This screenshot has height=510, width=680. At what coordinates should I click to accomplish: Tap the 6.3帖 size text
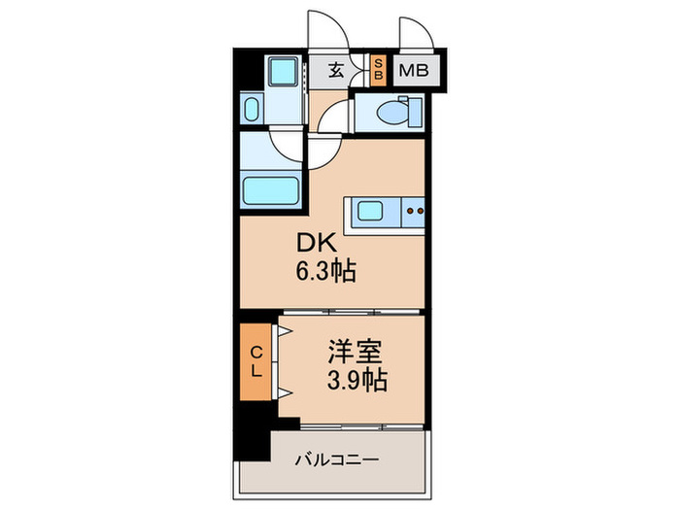pyautogui.click(x=325, y=272)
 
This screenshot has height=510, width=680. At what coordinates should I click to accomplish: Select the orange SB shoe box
pyautogui.click(x=380, y=70)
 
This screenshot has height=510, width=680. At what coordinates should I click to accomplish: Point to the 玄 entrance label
pyautogui.click(x=336, y=70)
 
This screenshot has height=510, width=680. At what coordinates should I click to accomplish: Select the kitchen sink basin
pyautogui.click(x=371, y=210)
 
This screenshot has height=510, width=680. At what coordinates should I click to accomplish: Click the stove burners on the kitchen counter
pyautogui.click(x=415, y=209)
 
